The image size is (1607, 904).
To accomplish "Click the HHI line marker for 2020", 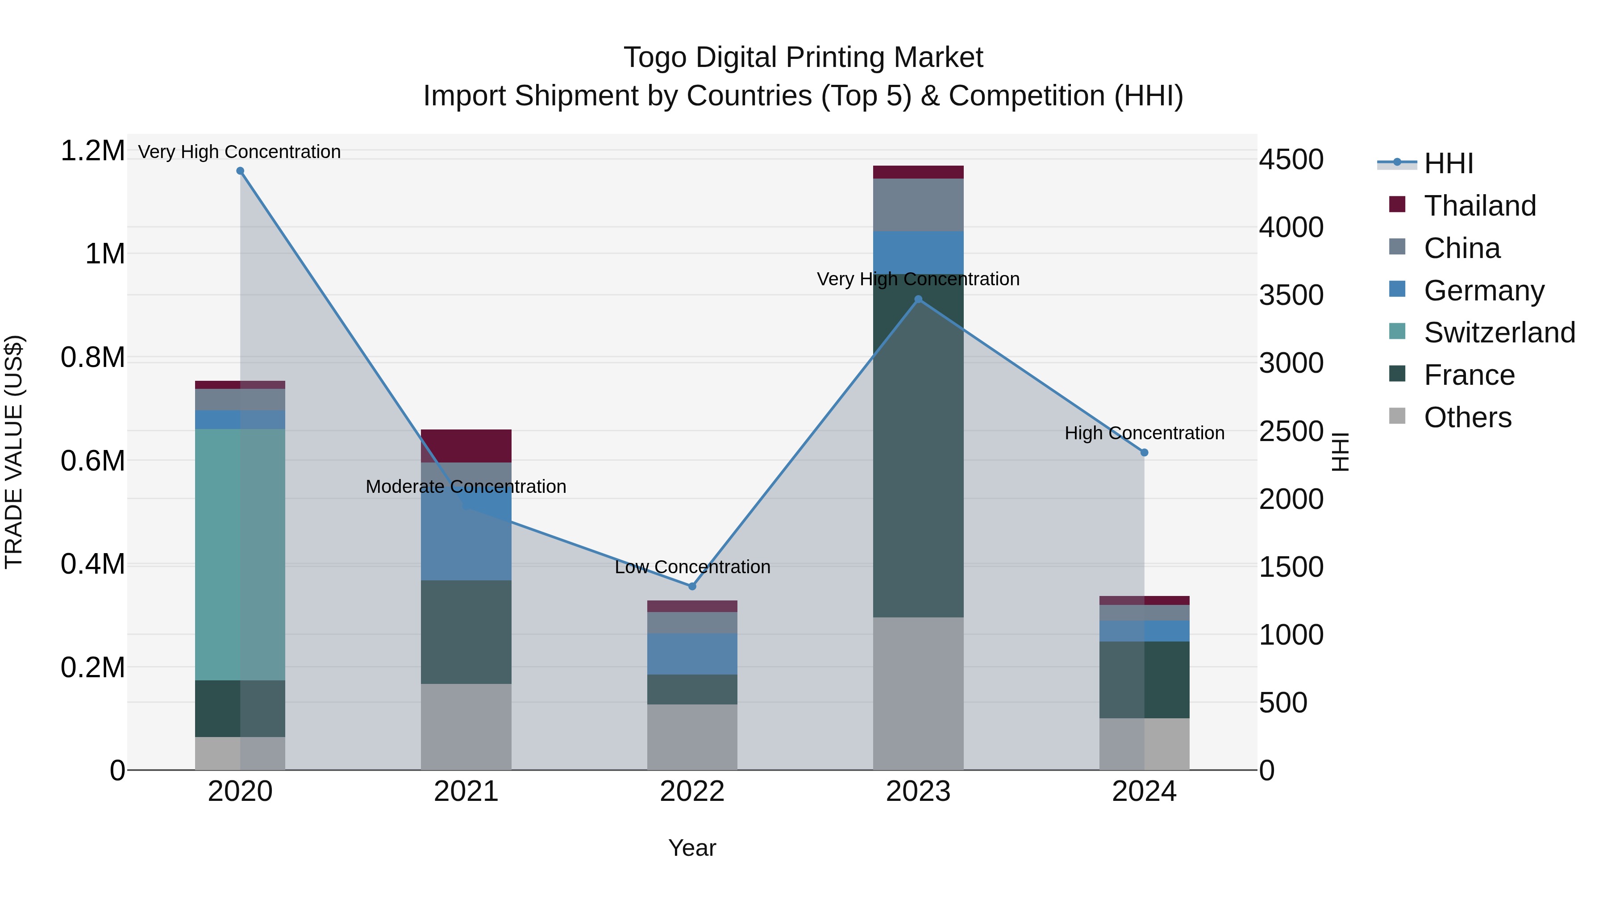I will [240, 171].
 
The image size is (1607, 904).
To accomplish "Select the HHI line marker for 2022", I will [692, 587].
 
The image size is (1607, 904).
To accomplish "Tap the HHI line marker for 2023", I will [918, 300].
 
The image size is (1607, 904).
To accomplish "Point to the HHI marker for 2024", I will [1144, 453].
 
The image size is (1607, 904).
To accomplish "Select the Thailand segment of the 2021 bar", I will [466, 446].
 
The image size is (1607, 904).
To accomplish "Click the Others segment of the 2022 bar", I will [692, 737].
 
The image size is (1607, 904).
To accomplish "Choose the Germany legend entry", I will [1483, 291].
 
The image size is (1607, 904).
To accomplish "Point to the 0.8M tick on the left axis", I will [92, 358].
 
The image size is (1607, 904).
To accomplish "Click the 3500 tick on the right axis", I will [1291, 295].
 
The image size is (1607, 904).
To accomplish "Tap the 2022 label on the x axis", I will [692, 792].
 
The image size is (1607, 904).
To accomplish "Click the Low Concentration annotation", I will [692, 567].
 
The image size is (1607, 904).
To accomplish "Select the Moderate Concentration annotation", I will [466, 487].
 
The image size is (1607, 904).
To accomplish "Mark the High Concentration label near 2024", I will [1144, 433].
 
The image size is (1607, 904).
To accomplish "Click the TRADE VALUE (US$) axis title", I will [14, 452].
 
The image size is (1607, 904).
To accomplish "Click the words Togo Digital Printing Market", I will [803, 58].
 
